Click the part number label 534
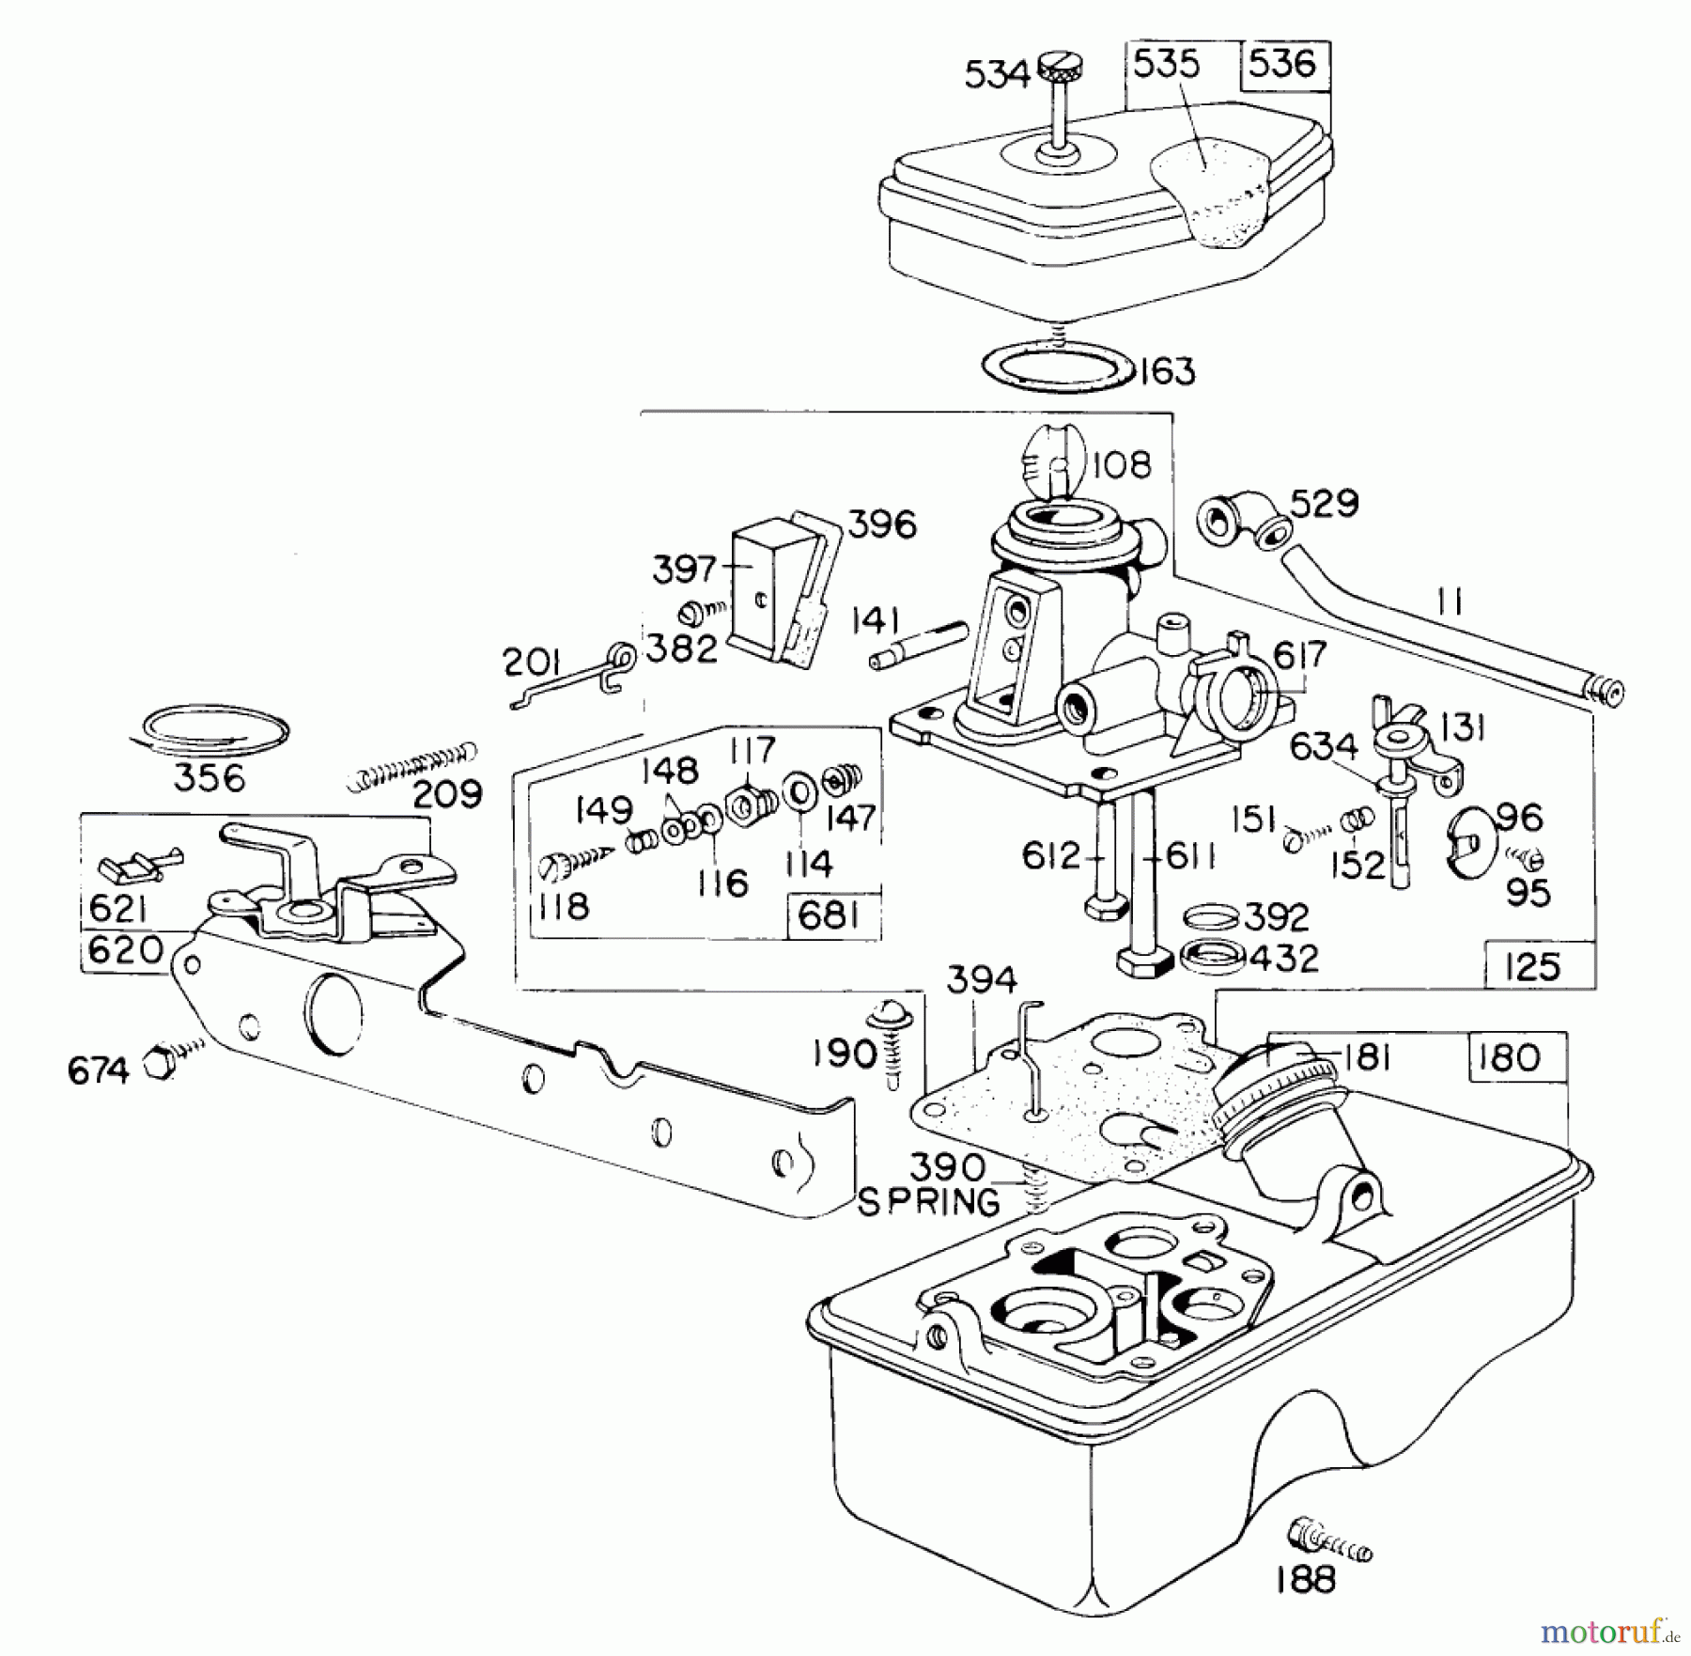tap(997, 73)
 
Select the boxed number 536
tap(1282, 64)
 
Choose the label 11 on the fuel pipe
tap(1451, 602)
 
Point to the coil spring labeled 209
tap(411, 764)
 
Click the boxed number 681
tap(828, 914)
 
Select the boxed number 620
tap(125, 950)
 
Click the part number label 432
tap(1284, 959)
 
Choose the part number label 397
tap(683, 569)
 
